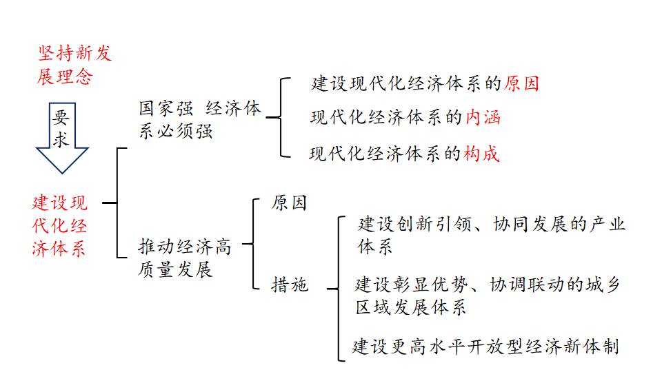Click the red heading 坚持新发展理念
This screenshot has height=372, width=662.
74,65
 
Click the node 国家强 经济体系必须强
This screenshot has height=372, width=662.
200,120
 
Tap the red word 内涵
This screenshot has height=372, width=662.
482,118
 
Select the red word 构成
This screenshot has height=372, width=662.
481,154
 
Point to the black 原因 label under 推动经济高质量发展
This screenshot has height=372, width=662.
289,203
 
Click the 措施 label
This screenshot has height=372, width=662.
290,285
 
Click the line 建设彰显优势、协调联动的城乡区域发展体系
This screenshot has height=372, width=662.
488,296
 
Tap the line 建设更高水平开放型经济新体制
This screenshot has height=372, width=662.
485,346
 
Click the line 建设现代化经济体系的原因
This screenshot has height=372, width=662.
425,83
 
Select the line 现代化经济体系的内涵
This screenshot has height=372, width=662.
405,118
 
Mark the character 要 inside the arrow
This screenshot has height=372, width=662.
61,118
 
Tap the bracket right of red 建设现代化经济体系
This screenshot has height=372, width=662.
118,203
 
